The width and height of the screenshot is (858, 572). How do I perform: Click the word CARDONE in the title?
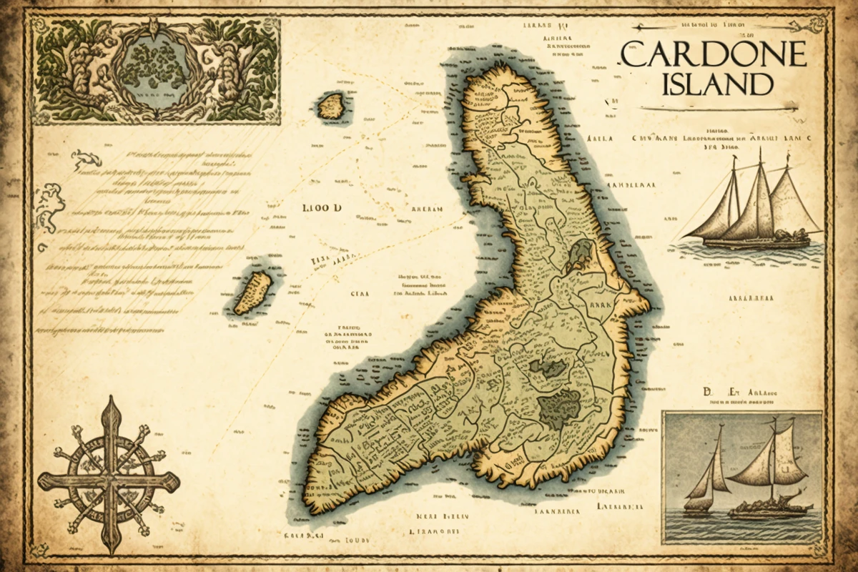(713, 54)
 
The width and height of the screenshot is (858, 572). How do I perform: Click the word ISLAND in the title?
(718, 84)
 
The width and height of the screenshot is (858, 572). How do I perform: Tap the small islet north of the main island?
(331, 106)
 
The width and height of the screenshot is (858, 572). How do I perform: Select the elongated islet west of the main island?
(253, 292)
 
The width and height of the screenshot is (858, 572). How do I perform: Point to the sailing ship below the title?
(751, 207)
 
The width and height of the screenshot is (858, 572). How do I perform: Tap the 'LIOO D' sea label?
(322, 208)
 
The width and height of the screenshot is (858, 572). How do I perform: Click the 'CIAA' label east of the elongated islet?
(357, 293)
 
